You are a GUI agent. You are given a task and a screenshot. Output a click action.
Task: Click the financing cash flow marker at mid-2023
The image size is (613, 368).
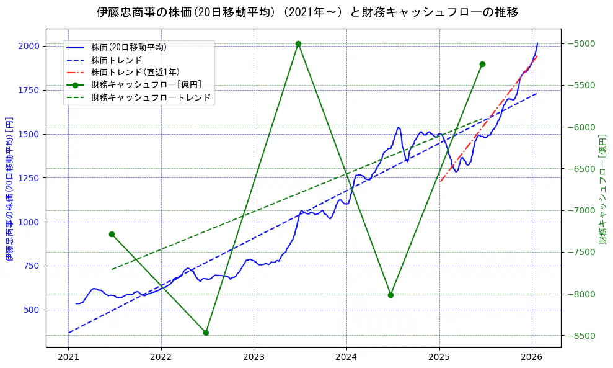[298, 43]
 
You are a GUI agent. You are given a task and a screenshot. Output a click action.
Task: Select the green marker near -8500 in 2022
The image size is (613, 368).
[206, 333]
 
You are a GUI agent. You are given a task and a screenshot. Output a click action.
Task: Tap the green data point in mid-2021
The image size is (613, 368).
[112, 234]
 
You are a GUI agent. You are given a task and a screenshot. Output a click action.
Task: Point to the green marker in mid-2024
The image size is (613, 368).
[390, 295]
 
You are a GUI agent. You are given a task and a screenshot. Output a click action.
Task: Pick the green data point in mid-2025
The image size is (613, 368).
[482, 64]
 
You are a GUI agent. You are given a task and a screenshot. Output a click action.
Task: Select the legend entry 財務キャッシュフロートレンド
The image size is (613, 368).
[151, 97]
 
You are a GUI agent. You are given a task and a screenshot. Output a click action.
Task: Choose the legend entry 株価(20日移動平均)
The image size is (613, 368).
[128, 47]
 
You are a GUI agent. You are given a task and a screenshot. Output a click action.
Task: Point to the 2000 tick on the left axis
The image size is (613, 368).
[29, 46]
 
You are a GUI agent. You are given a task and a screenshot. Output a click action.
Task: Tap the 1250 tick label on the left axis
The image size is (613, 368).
[29, 178]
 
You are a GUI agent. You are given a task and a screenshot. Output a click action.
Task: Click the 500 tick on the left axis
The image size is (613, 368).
[31, 310]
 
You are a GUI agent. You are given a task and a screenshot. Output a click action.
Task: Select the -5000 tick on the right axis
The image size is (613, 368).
[579, 43]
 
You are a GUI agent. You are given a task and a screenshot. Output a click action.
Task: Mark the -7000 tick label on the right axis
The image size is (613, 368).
[579, 210]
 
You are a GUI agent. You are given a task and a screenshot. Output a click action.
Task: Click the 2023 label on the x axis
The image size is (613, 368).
[254, 357]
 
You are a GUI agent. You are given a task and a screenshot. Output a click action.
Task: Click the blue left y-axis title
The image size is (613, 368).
[9, 187]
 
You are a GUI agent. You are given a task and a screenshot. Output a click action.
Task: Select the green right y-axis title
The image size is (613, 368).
[602, 187]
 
